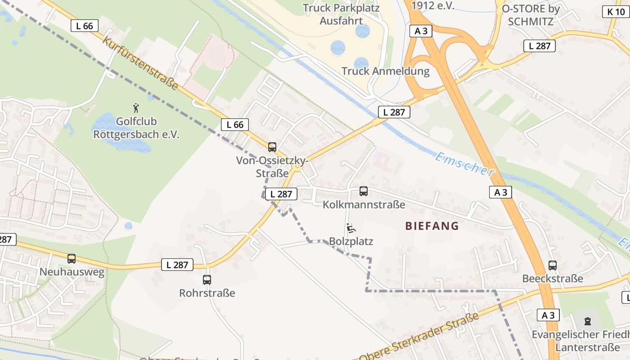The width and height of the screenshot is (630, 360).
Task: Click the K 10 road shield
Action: point(616,12)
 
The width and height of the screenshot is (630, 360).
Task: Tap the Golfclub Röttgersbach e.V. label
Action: point(136,128)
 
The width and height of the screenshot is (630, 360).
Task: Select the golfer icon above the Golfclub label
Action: point(136,108)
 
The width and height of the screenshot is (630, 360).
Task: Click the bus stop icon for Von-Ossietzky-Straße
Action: point(272,147)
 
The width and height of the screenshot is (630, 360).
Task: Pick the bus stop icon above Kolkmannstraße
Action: point(364,191)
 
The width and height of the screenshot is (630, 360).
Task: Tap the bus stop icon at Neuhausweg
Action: point(72,259)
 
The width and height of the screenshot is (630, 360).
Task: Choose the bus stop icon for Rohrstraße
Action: point(207,279)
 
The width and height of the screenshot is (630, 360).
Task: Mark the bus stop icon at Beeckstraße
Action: point(553,265)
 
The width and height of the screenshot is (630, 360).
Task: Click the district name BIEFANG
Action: point(432,226)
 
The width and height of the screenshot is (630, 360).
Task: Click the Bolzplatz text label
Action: point(351,241)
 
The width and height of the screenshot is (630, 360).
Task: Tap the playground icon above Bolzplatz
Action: point(351,228)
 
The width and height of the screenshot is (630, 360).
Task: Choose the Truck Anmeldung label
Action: point(385,71)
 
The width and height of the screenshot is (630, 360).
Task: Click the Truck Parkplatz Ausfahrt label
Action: point(341,14)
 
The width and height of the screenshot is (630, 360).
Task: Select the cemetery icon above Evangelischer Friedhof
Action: point(587,321)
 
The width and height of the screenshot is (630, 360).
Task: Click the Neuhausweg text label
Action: point(72,272)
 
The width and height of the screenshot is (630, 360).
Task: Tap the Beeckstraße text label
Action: point(553,279)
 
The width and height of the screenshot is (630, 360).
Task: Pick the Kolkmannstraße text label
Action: point(364,205)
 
